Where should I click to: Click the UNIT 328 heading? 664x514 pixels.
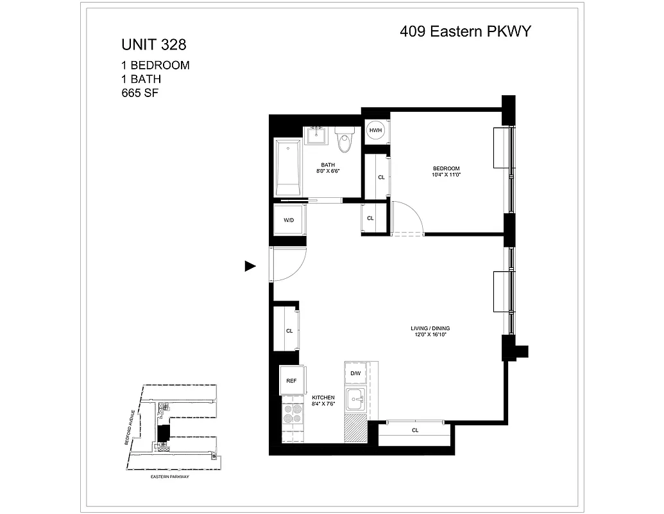click(154, 45)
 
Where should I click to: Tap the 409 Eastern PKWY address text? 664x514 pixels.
click(466, 31)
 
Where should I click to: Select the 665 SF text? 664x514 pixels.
click(140, 93)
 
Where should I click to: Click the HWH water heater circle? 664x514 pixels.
click(375, 131)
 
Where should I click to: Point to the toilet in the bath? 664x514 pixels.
click(345, 141)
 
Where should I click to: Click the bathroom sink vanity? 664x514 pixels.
click(315, 136)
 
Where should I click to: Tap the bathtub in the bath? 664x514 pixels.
click(288, 168)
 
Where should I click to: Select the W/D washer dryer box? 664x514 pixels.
click(289, 220)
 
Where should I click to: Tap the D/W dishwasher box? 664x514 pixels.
click(355, 373)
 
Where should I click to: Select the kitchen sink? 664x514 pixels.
click(355, 400)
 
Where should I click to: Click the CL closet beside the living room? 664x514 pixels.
click(289, 330)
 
